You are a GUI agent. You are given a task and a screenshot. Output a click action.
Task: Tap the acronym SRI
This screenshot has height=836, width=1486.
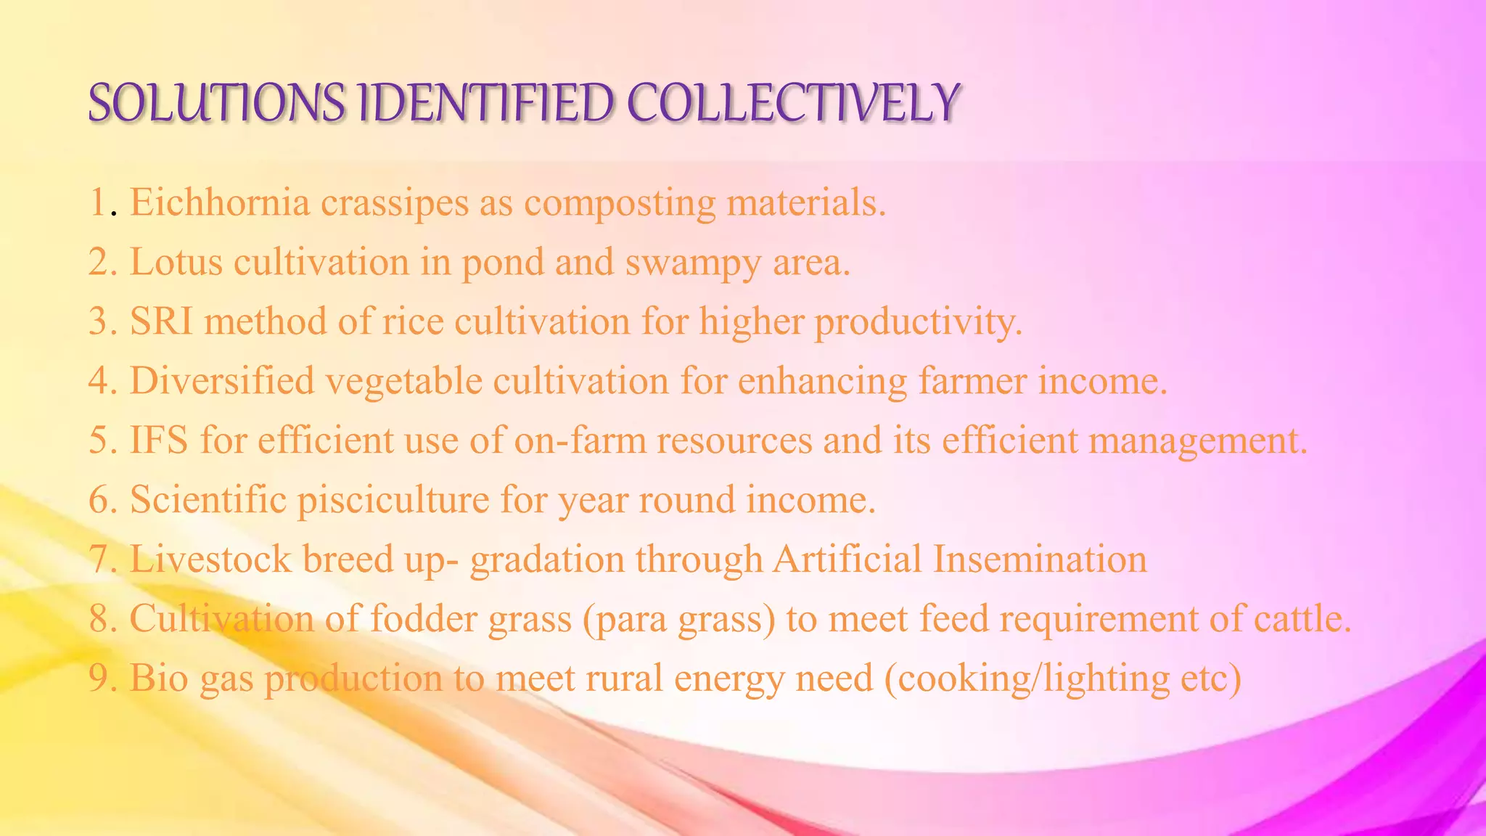pos(161,321)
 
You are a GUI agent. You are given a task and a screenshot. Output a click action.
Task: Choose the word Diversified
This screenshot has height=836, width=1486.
pos(222,381)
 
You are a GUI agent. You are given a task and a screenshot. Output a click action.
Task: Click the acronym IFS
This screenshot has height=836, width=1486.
pos(159,440)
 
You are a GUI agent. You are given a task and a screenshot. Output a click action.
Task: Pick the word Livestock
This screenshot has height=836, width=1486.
pos(210,560)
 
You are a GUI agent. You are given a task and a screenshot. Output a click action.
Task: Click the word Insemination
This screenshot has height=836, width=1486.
pos(1040,560)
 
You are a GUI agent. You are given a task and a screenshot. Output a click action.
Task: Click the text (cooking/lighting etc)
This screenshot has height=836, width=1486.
pos(1063,679)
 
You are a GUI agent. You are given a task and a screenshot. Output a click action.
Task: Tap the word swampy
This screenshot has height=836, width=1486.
pos(693,263)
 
